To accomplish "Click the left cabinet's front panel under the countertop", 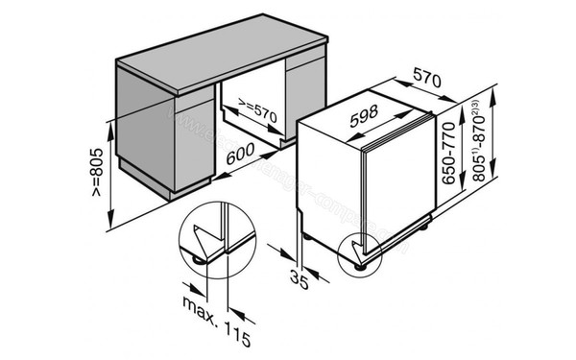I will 144,144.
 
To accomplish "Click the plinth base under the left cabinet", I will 187,192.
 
